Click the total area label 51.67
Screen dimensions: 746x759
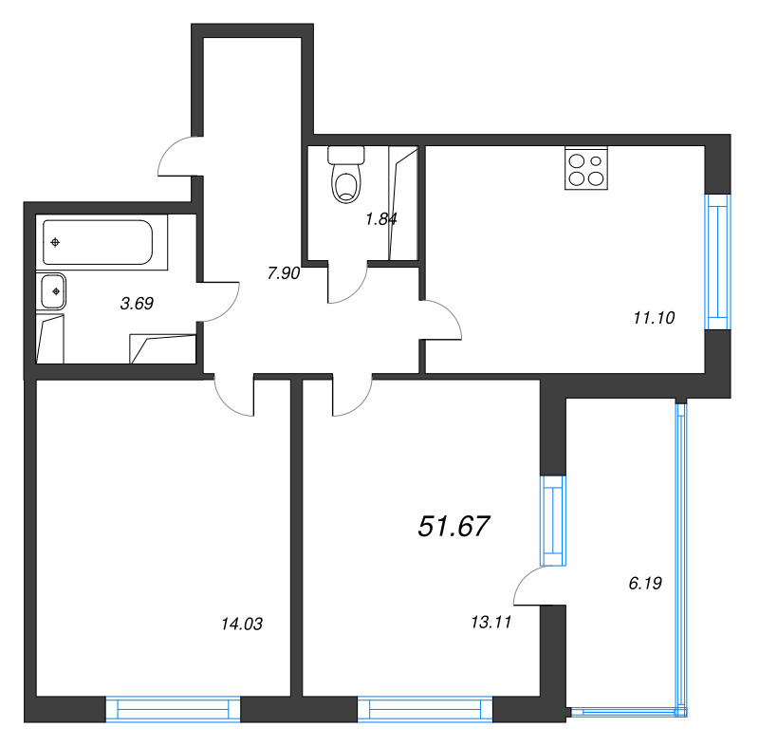pos(454,526)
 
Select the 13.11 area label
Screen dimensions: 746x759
pos(491,624)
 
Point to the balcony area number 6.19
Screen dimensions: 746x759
pos(644,582)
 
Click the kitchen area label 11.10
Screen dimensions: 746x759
pos(653,319)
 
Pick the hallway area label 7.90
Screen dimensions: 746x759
pos(284,273)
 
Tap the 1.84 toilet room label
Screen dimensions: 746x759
pos(380,218)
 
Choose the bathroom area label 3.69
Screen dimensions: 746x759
pos(137,305)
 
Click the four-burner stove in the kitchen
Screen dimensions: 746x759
pos(585,168)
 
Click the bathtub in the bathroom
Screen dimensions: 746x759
pos(97,242)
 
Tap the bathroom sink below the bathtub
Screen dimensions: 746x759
pos(54,290)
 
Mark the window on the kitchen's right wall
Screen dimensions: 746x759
pos(718,262)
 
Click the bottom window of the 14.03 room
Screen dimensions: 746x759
pos(173,709)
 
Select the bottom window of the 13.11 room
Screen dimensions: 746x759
pos(425,709)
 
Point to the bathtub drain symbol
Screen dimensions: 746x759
pos(57,242)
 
